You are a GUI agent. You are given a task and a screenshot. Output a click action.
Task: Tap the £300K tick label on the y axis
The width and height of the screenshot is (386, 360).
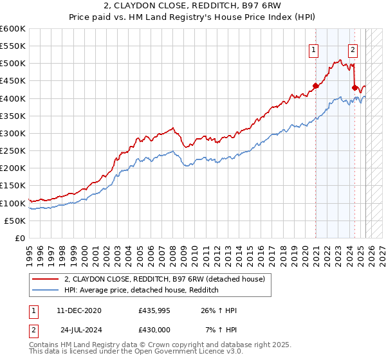coord(13,133)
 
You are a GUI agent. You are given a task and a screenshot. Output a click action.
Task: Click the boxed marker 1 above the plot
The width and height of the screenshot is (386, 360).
coord(313,49)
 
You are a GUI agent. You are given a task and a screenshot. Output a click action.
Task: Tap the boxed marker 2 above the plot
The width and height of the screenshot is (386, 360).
coord(353,49)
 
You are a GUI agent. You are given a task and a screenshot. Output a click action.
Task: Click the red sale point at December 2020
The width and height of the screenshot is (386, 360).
coord(315,85)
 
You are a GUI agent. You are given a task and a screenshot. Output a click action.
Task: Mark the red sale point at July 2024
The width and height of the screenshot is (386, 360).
coord(354,87)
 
